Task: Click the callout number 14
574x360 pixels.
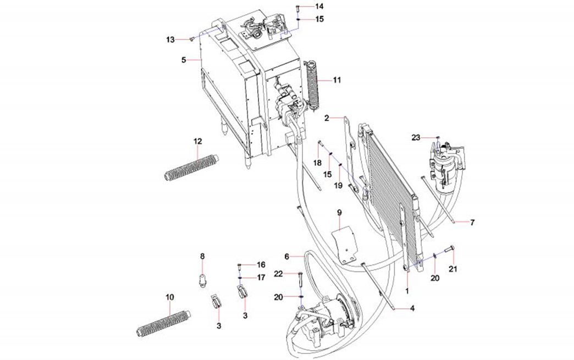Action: (319, 6)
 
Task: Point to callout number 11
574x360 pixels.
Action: (336, 80)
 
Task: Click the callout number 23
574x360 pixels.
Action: (416, 137)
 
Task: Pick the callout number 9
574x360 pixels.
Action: (339, 212)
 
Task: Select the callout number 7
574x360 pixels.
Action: (472, 223)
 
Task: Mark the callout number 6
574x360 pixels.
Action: (286, 257)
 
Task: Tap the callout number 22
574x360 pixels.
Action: (279, 274)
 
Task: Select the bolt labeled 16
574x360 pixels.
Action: (240, 267)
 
